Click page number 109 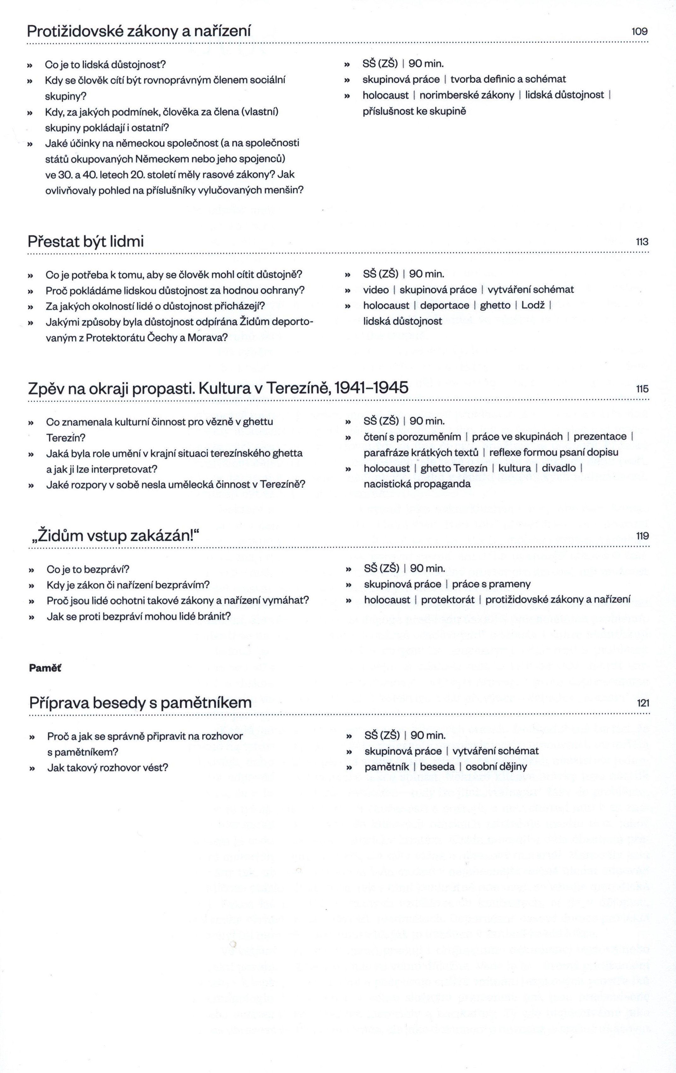coord(639,32)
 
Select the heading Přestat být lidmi coord(86,241)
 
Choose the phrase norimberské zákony coord(466,95)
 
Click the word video coord(376,290)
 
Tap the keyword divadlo coord(558,468)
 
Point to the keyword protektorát coord(448,600)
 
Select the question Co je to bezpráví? coord(88,569)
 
